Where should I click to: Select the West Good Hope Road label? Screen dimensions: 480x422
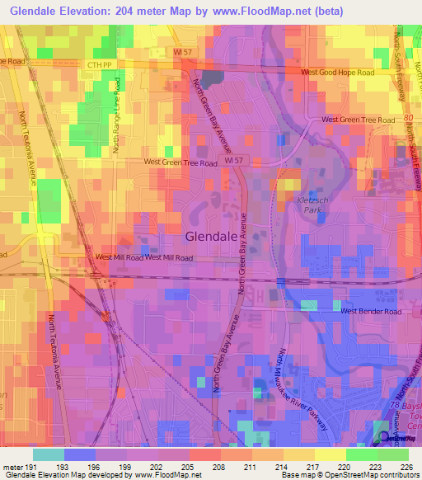click(x=337, y=73)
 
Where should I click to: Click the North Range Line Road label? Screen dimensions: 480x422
click(x=117, y=115)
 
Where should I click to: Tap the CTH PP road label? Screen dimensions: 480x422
click(x=98, y=64)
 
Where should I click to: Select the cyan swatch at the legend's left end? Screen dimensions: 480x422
click(x=48, y=454)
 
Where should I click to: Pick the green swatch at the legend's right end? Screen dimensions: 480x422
click(x=392, y=454)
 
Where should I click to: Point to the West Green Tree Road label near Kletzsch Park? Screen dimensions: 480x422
click(x=358, y=120)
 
